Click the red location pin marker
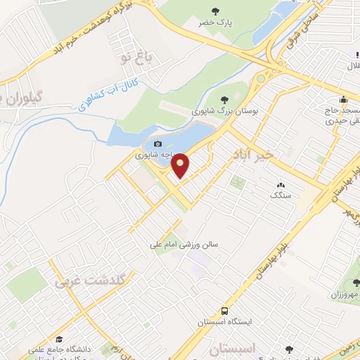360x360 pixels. pyautogui.click(x=180, y=165)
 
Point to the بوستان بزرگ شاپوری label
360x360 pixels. pyautogui.click(x=224, y=110)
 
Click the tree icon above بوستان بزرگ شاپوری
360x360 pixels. pyautogui.click(x=224, y=100)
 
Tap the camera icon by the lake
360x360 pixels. pyautogui.click(x=157, y=143)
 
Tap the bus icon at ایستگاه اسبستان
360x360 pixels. pyautogui.click(x=224, y=311)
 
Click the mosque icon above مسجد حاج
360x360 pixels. pyautogui.click(x=342, y=99)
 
